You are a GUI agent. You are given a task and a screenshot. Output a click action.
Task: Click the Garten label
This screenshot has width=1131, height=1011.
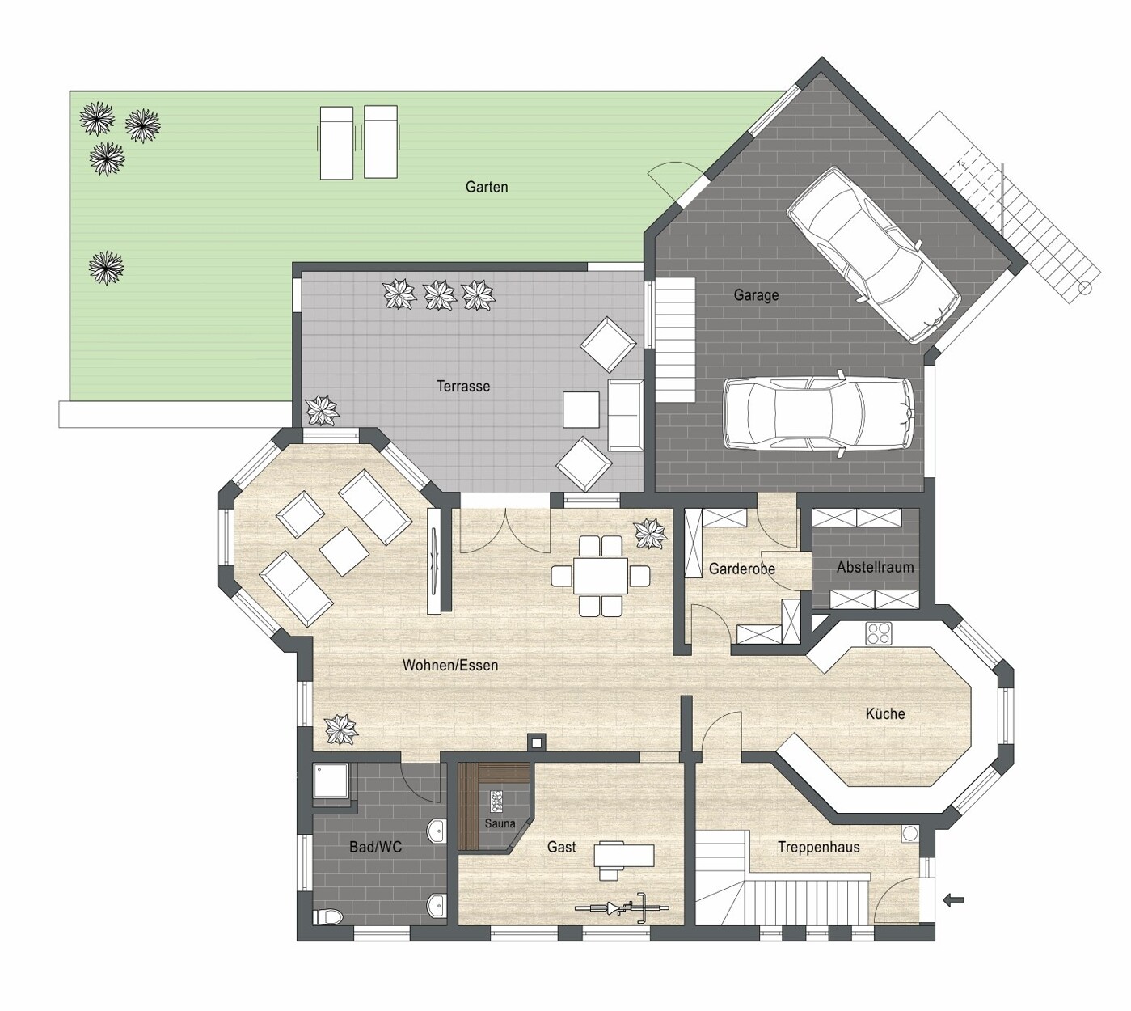(x=487, y=187)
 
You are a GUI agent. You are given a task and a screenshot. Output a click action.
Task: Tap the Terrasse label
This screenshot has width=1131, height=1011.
(x=462, y=386)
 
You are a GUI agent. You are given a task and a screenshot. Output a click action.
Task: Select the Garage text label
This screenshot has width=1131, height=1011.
(x=756, y=295)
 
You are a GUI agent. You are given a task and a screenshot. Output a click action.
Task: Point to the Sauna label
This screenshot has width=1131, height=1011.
(x=500, y=823)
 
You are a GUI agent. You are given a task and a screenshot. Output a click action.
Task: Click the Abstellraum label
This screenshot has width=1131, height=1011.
(x=875, y=568)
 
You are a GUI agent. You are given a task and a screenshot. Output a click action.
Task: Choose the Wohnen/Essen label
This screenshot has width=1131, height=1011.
(x=450, y=666)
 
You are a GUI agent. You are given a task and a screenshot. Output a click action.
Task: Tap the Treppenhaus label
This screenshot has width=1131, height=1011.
(x=818, y=848)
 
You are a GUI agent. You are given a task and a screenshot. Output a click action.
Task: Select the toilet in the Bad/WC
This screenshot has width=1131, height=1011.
(x=327, y=916)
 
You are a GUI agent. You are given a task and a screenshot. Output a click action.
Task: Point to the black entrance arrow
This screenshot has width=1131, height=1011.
(x=953, y=900)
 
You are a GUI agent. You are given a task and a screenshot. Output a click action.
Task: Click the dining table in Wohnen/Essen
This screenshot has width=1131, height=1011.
(x=600, y=576)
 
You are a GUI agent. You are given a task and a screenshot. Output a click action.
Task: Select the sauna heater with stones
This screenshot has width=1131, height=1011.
(x=496, y=803)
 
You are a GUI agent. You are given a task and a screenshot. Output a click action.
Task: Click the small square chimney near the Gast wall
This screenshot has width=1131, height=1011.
(x=537, y=742)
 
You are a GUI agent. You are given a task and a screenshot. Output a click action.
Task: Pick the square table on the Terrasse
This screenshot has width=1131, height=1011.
(x=581, y=409)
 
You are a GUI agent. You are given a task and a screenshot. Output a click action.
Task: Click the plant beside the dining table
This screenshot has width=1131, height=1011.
(x=650, y=534)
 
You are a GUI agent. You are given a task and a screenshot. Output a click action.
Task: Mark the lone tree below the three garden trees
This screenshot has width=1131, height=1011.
(x=106, y=268)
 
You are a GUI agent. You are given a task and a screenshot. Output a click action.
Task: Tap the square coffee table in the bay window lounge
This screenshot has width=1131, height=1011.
(x=344, y=552)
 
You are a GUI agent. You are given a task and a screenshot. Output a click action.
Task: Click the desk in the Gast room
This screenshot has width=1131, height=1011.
(x=623, y=855)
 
